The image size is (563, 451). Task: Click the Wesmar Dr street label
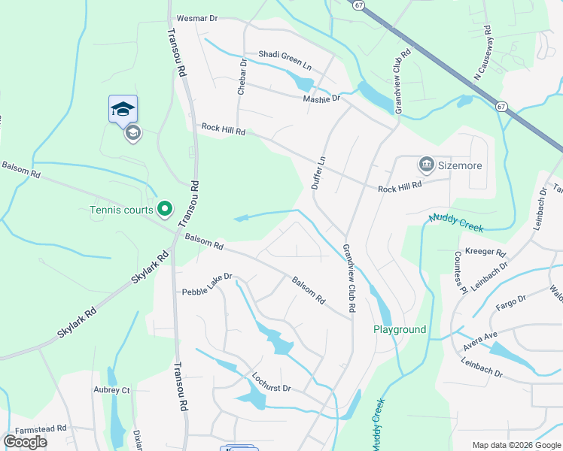(196, 18)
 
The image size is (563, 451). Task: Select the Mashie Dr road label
(321, 98)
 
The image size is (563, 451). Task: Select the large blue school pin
(123, 110)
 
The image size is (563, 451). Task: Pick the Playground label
(400, 329)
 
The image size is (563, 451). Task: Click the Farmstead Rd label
(35, 428)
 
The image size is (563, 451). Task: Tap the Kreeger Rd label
(485, 253)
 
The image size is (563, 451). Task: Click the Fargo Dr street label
(510, 306)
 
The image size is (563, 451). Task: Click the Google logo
(25, 441)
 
